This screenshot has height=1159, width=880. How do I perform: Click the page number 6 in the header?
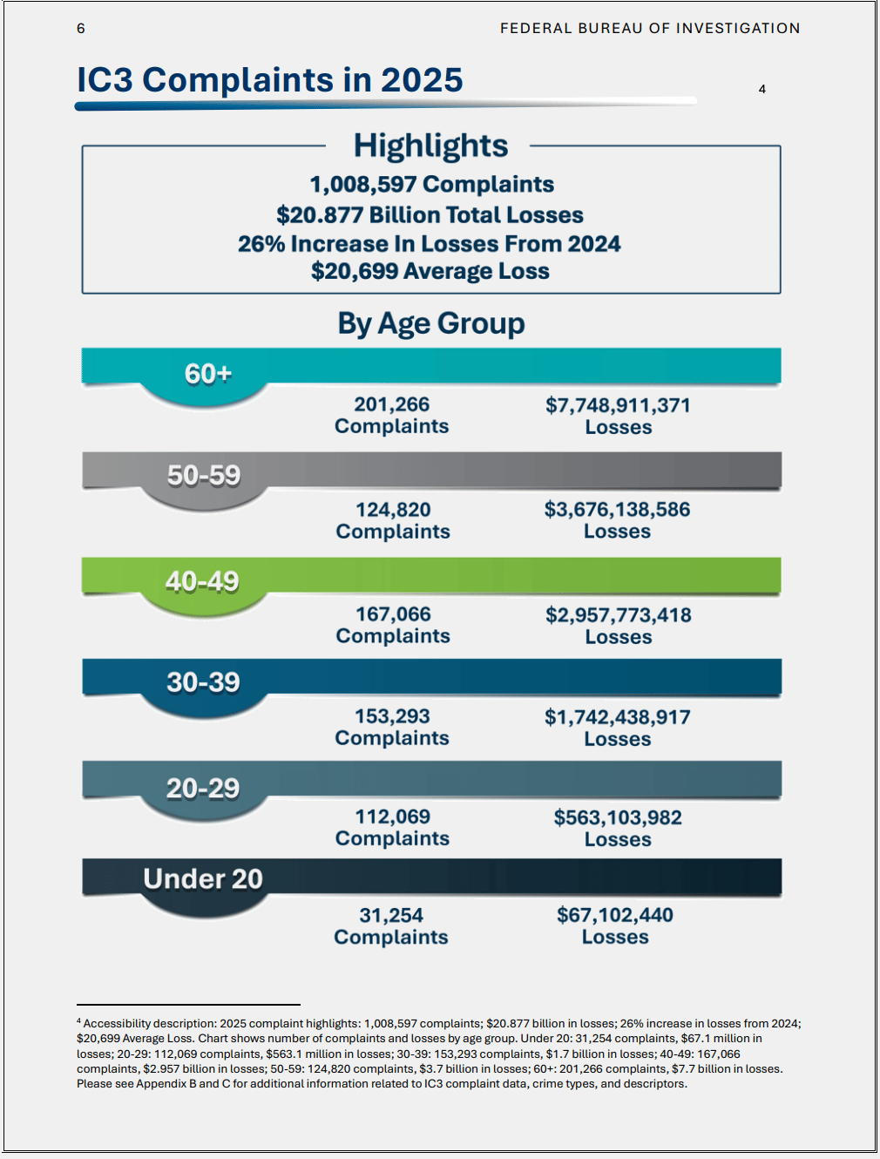[x=81, y=29]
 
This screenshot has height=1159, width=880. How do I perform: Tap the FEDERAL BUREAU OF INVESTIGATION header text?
[x=650, y=29]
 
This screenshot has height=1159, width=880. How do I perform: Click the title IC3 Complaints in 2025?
[x=270, y=80]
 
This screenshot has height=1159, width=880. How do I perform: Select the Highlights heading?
[x=430, y=146]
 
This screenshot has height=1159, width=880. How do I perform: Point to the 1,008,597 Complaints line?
[x=432, y=185]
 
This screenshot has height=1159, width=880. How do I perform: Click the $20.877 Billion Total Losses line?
[x=430, y=215]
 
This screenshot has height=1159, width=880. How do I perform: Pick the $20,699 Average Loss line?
[x=430, y=272]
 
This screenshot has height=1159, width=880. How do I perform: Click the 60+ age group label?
[x=208, y=374]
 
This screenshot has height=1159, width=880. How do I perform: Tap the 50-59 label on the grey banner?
[x=204, y=476]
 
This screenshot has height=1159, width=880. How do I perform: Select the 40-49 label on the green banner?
[x=202, y=581]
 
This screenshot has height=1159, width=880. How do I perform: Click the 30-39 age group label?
[x=203, y=682]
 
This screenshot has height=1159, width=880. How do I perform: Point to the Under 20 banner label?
[x=203, y=879]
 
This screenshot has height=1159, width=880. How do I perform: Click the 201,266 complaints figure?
[x=392, y=405]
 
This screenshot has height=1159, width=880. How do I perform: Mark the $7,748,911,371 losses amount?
[x=618, y=406]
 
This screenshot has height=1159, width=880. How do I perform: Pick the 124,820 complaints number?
[x=393, y=510]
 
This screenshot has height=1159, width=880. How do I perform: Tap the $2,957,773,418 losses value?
[x=619, y=616]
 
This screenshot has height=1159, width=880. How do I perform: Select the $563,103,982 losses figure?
[x=618, y=818]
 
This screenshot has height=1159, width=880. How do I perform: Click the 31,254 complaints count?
[x=391, y=916]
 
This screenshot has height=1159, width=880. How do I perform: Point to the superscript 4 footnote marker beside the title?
[x=762, y=90]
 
